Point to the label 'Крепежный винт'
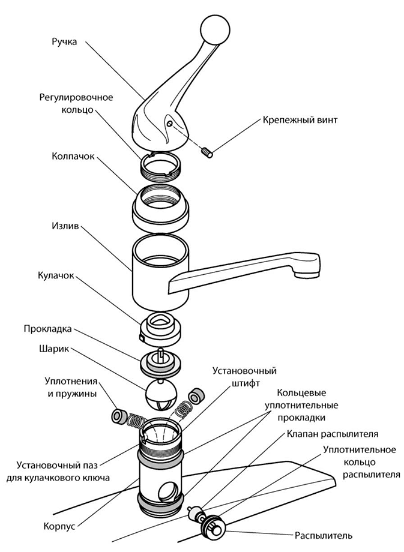point(300,120)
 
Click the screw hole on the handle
point(170,124)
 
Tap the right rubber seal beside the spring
point(196,396)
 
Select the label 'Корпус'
point(58,525)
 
